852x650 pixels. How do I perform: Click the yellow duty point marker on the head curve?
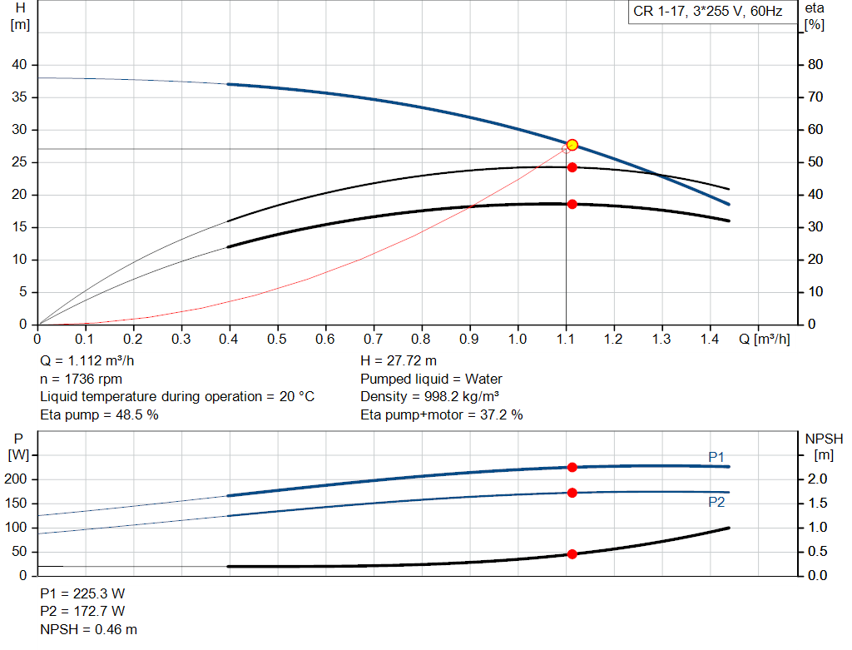coord(572,145)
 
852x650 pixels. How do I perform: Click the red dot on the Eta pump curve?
coord(572,167)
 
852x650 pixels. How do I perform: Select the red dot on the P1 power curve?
coord(572,468)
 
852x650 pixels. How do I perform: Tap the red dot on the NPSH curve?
coord(572,554)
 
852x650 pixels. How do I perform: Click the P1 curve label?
coord(716,456)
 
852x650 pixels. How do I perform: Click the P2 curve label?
coord(716,502)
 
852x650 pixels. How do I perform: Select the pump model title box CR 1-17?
coord(707,12)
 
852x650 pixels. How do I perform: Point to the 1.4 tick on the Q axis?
coord(710,340)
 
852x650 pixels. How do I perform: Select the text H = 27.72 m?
coord(399,361)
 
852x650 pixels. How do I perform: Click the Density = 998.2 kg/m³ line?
coord(430,397)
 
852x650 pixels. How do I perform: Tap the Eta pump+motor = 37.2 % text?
coord(442,414)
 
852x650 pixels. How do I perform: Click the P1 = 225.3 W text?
coord(82,594)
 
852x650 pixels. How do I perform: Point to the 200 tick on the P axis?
coord(17,479)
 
